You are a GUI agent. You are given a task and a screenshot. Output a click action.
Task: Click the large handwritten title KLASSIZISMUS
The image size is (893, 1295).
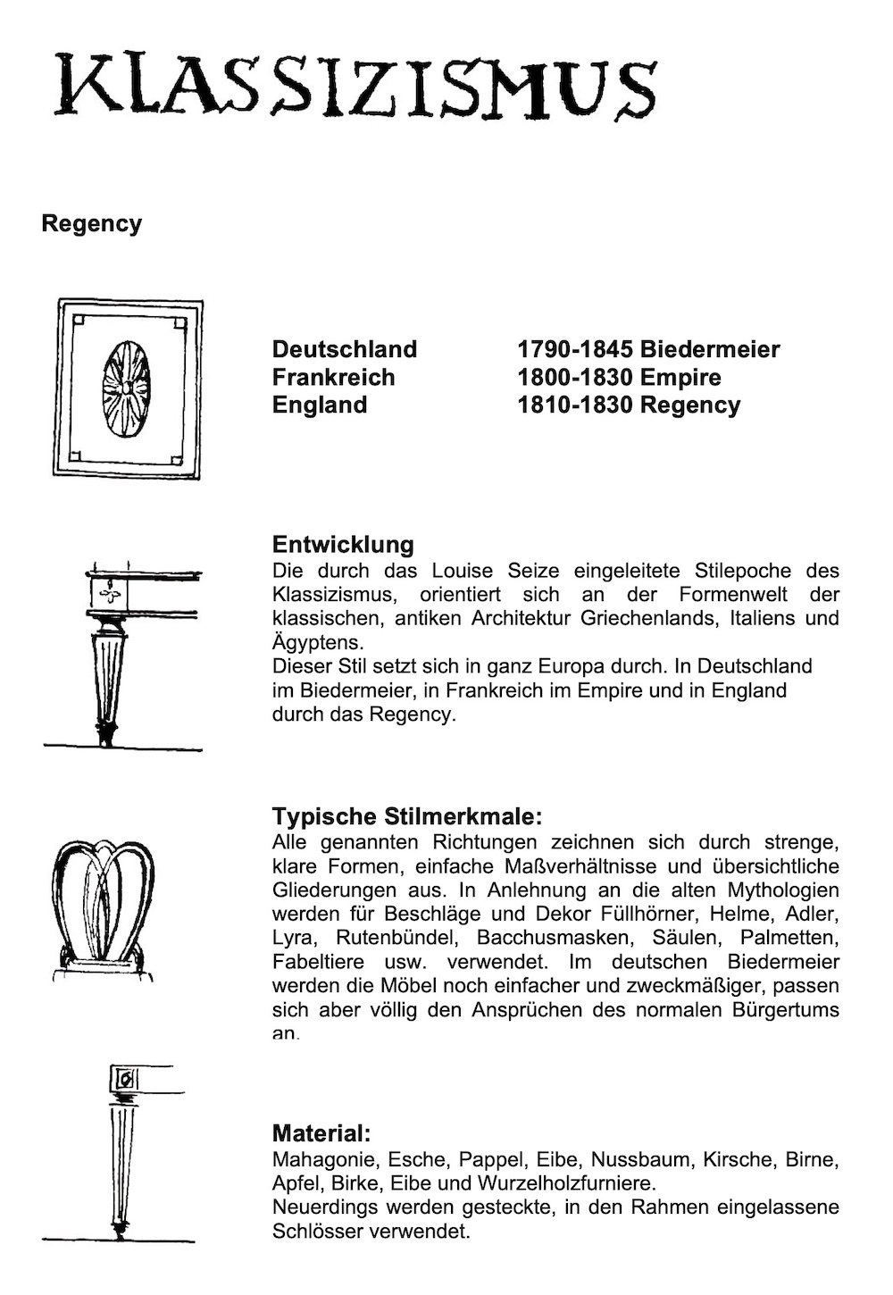355,87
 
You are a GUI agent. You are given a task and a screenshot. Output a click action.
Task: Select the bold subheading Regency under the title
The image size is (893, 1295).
91,223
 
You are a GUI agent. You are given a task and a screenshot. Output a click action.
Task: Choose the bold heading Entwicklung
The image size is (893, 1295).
343,545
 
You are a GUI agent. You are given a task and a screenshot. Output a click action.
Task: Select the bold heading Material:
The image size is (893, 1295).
321,1134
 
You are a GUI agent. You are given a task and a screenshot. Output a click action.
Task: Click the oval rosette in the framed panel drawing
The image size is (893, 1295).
126,388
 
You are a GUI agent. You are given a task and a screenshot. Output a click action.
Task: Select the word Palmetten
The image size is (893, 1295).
790,938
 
